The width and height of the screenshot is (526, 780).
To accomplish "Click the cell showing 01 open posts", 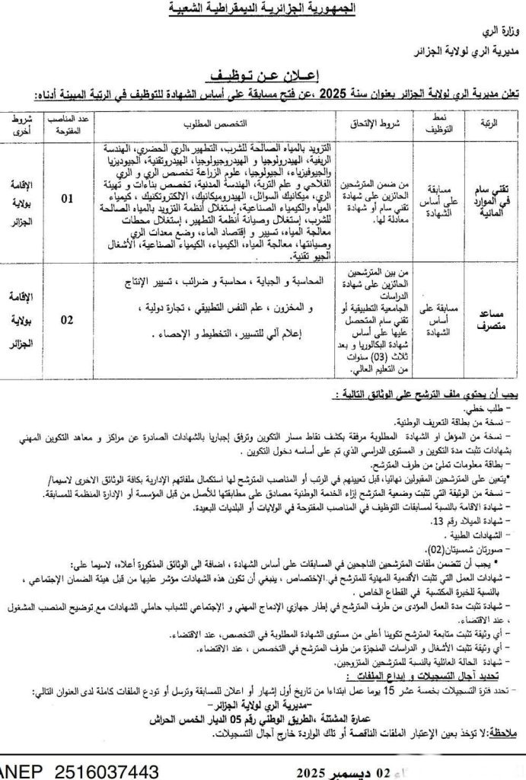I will [69, 200].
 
